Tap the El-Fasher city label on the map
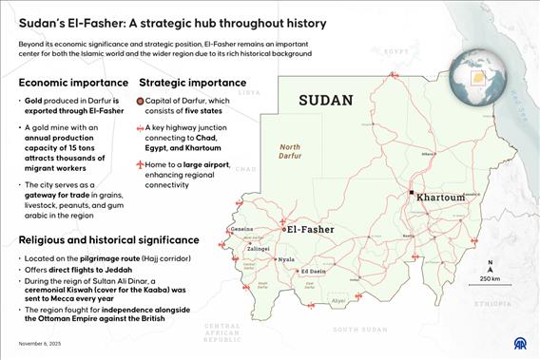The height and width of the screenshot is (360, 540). click(x=313, y=229)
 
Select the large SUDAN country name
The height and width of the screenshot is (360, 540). click(x=325, y=100)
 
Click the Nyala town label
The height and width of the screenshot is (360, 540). click(x=285, y=258)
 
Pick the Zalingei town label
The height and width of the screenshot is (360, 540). click(x=260, y=248)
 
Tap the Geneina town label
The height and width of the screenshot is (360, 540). click(x=242, y=229)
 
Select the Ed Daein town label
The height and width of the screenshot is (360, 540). click(x=315, y=272)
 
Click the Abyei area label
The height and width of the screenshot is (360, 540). click(x=337, y=300)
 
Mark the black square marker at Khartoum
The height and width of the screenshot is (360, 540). click(x=411, y=193)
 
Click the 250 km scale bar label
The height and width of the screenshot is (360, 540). click(x=490, y=278)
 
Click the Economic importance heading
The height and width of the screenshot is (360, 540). click(x=72, y=83)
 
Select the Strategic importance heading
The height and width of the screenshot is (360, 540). click(x=192, y=83)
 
